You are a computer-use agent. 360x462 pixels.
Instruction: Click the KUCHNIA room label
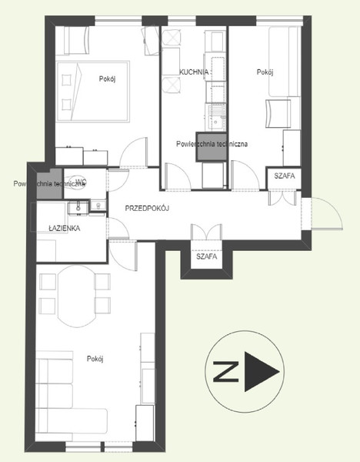tap(194, 72)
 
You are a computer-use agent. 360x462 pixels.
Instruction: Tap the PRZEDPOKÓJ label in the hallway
tap(147, 209)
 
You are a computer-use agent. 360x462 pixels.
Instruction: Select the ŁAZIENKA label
tap(64, 228)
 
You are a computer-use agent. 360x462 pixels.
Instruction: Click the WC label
tap(81, 181)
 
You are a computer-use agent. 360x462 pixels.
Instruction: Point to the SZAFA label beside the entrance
tap(285, 176)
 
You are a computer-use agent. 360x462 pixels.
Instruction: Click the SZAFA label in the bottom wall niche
tap(207, 256)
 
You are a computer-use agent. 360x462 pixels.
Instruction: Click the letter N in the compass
tap(225, 372)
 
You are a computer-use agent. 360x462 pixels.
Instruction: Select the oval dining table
tap(77, 296)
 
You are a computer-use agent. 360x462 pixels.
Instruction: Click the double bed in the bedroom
tap(93, 92)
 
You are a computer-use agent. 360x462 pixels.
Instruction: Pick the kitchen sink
tap(216, 118)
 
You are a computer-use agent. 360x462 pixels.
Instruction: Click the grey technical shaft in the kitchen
tap(212, 147)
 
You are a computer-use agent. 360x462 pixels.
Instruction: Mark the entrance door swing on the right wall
tap(326, 213)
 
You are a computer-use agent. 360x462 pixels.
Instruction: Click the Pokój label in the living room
tap(95, 359)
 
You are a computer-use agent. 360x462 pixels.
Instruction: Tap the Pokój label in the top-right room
tap(265, 72)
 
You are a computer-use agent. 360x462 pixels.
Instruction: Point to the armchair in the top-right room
tap(278, 114)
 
